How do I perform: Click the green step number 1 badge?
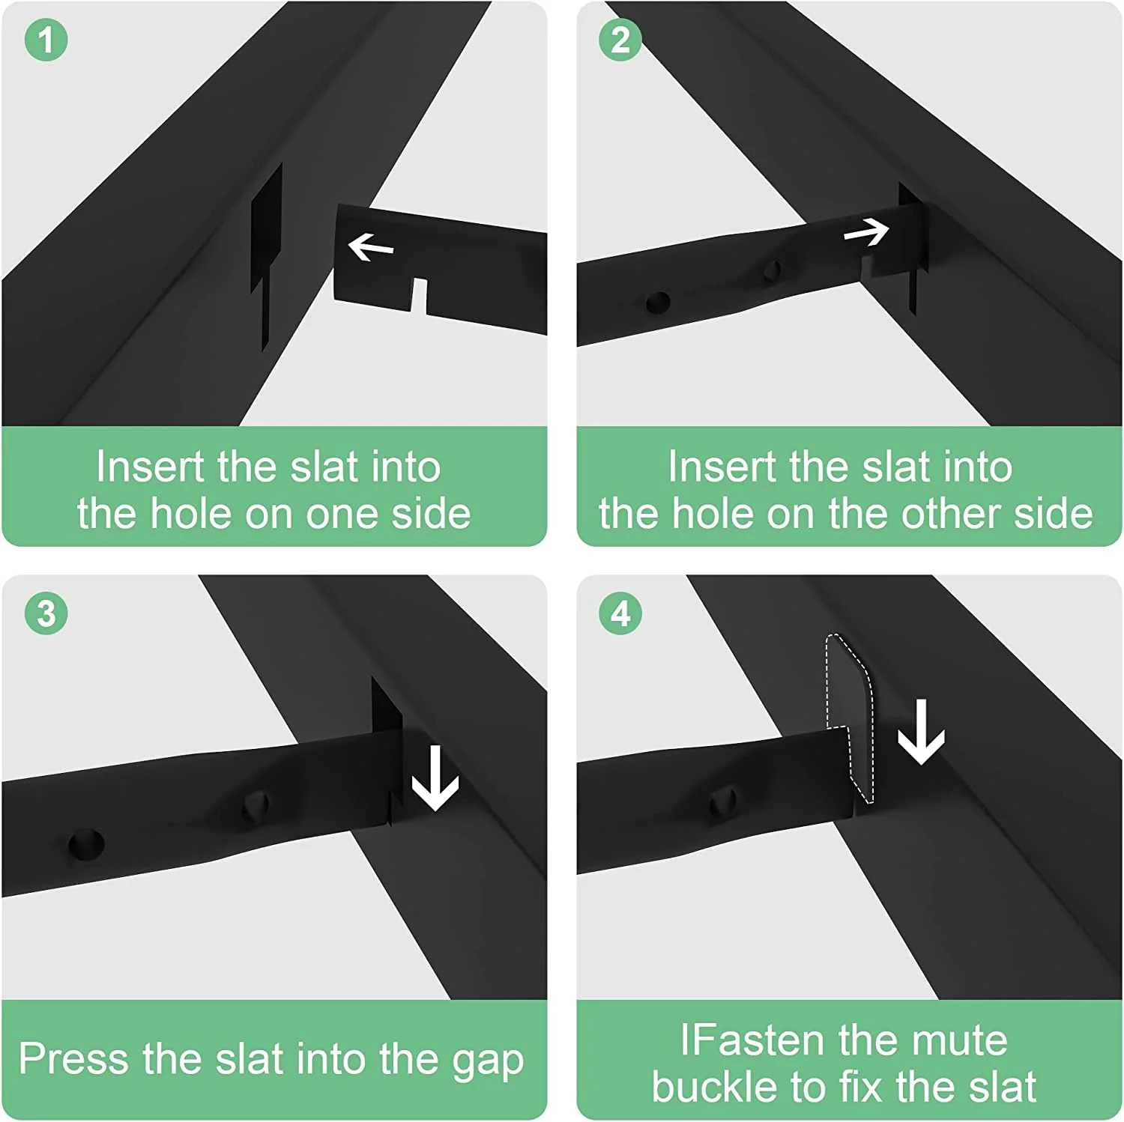pos(46,40)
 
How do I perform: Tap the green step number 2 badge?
pos(620,40)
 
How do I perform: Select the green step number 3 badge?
pos(46,613)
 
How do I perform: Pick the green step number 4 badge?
pos(620,613)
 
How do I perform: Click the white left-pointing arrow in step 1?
pos(371,246)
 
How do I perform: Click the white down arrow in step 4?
pos(921,732)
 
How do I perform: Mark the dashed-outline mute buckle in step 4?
pos(850,718)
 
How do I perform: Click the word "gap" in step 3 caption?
pos(488,1061)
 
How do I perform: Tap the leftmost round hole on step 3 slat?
pos(86,843)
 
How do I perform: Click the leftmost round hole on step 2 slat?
pos(658,303)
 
